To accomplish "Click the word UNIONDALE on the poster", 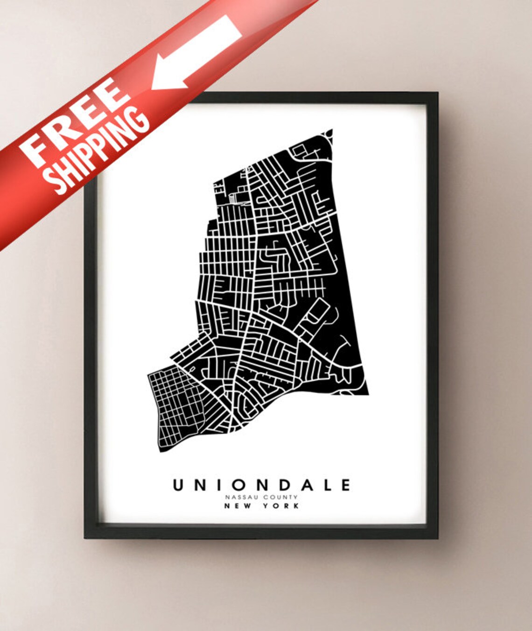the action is (261, 485).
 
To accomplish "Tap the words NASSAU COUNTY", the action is (261, 497).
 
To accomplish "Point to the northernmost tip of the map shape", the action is (332, 130).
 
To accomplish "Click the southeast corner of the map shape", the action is (368, 394).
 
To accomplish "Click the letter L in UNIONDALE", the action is (325, 485).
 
